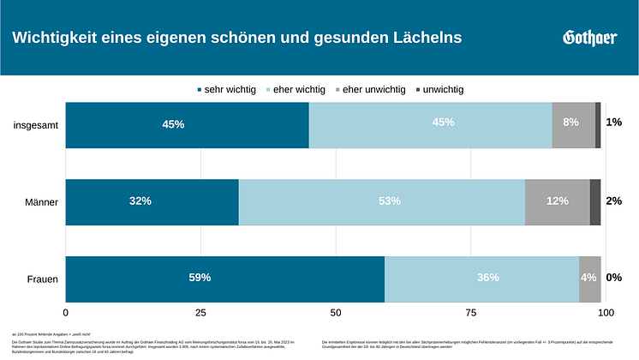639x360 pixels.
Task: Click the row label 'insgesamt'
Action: tap(35, 125)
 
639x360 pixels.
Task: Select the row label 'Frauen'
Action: tap(40, 279)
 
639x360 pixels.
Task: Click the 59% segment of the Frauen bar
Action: tap(224, 279)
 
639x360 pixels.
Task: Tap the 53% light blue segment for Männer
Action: tap(381, 201)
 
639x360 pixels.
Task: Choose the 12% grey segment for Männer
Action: tap(557, 201)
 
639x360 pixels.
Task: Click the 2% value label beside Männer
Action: tap(613, 201)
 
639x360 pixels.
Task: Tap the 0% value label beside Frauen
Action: tap(613, 278)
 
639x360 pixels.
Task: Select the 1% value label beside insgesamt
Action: tap(613, 123)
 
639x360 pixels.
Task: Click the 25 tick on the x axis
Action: tap(200, 313)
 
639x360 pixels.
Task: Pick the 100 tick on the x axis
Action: tap(605, 313)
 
